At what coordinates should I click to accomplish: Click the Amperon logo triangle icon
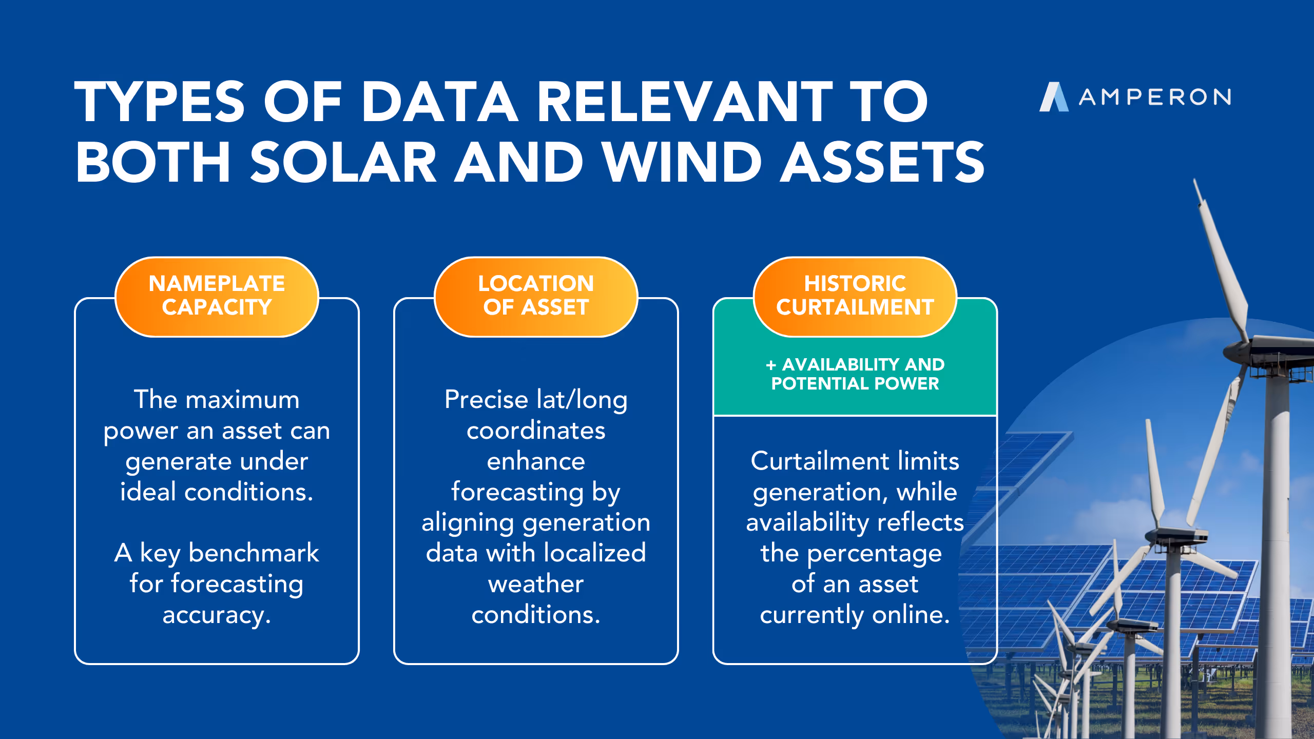[x=1053, y=97]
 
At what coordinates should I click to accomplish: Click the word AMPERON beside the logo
[x=1155, y=97]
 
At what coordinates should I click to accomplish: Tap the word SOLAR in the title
[x=343, y=163]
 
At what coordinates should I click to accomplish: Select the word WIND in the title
[x=682, y=163]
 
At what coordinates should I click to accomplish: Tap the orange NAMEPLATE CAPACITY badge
[x=217, y=296]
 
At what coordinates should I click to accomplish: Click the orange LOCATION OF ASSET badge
[x=536, y=296]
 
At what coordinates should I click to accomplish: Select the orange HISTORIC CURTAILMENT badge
[x=855, y=296]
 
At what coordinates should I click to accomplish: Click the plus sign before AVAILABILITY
[x=770, y=365]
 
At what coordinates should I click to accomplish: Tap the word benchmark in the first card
[x=254, y=553]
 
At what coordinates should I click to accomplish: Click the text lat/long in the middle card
[x=582, y=400]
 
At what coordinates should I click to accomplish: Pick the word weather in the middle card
[x=536, y=584]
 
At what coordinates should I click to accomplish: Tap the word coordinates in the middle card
[x=536, y=431]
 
